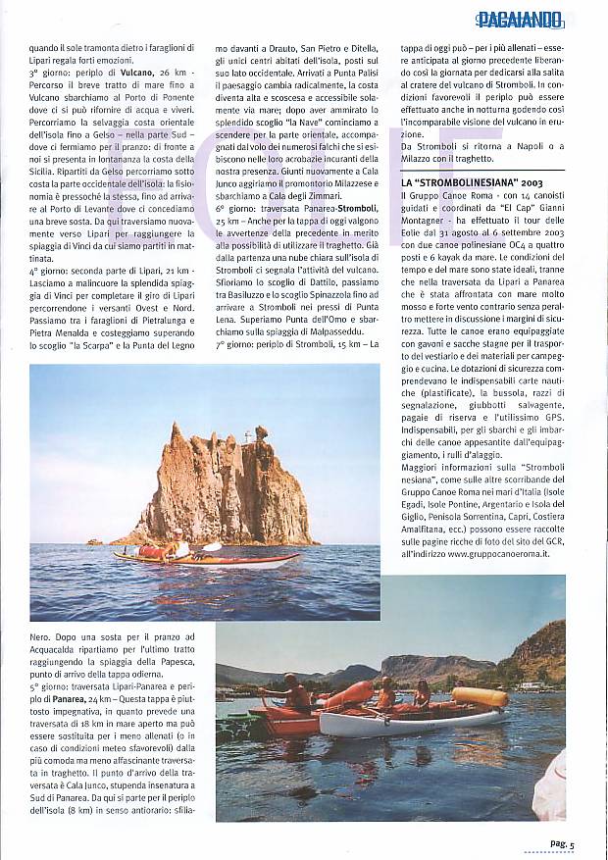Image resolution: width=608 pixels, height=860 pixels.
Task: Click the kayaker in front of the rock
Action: point(179,550)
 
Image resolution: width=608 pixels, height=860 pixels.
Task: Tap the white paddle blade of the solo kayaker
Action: point(211,546)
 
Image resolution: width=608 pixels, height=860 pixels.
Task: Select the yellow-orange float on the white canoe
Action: point(479,696)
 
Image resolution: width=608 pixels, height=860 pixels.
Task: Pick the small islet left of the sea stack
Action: point(94,541)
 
